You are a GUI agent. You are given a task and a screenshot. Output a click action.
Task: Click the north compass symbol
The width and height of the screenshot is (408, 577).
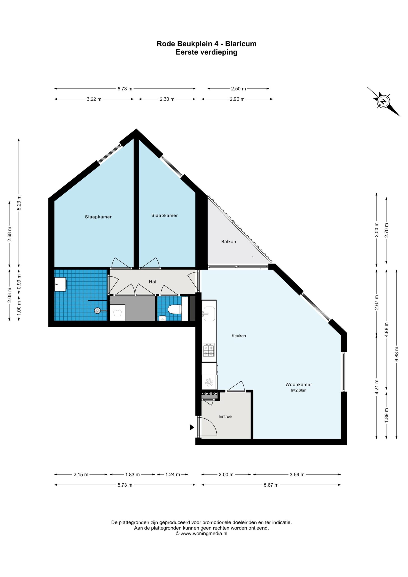[383, 101]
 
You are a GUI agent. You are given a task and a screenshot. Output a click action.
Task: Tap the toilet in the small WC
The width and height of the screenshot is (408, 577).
[175, 309]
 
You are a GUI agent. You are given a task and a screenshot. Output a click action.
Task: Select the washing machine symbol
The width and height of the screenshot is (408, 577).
[117, 312]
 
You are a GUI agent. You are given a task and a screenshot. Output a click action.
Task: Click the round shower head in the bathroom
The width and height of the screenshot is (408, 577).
[97, 311]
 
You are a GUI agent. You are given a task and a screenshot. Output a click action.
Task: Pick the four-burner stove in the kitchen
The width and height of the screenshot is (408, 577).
[209, 350]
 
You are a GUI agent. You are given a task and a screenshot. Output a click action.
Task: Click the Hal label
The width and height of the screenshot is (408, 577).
[153, 282]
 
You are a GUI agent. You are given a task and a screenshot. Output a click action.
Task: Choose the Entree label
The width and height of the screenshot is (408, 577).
[225, 417]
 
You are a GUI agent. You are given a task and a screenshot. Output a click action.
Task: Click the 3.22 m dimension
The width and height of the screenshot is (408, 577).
[94, 99]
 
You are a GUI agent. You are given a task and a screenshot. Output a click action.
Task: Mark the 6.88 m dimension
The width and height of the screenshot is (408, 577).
[397, 354]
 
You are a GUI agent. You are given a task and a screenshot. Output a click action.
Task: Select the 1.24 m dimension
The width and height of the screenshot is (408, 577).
[173, 474]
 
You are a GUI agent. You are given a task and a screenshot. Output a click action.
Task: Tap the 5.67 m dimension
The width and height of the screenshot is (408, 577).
[271, 485]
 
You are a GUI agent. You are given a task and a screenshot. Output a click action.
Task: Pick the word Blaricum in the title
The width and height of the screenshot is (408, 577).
[241, 44]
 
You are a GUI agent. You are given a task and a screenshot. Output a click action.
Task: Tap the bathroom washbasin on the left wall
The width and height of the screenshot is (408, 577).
[60, 284]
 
